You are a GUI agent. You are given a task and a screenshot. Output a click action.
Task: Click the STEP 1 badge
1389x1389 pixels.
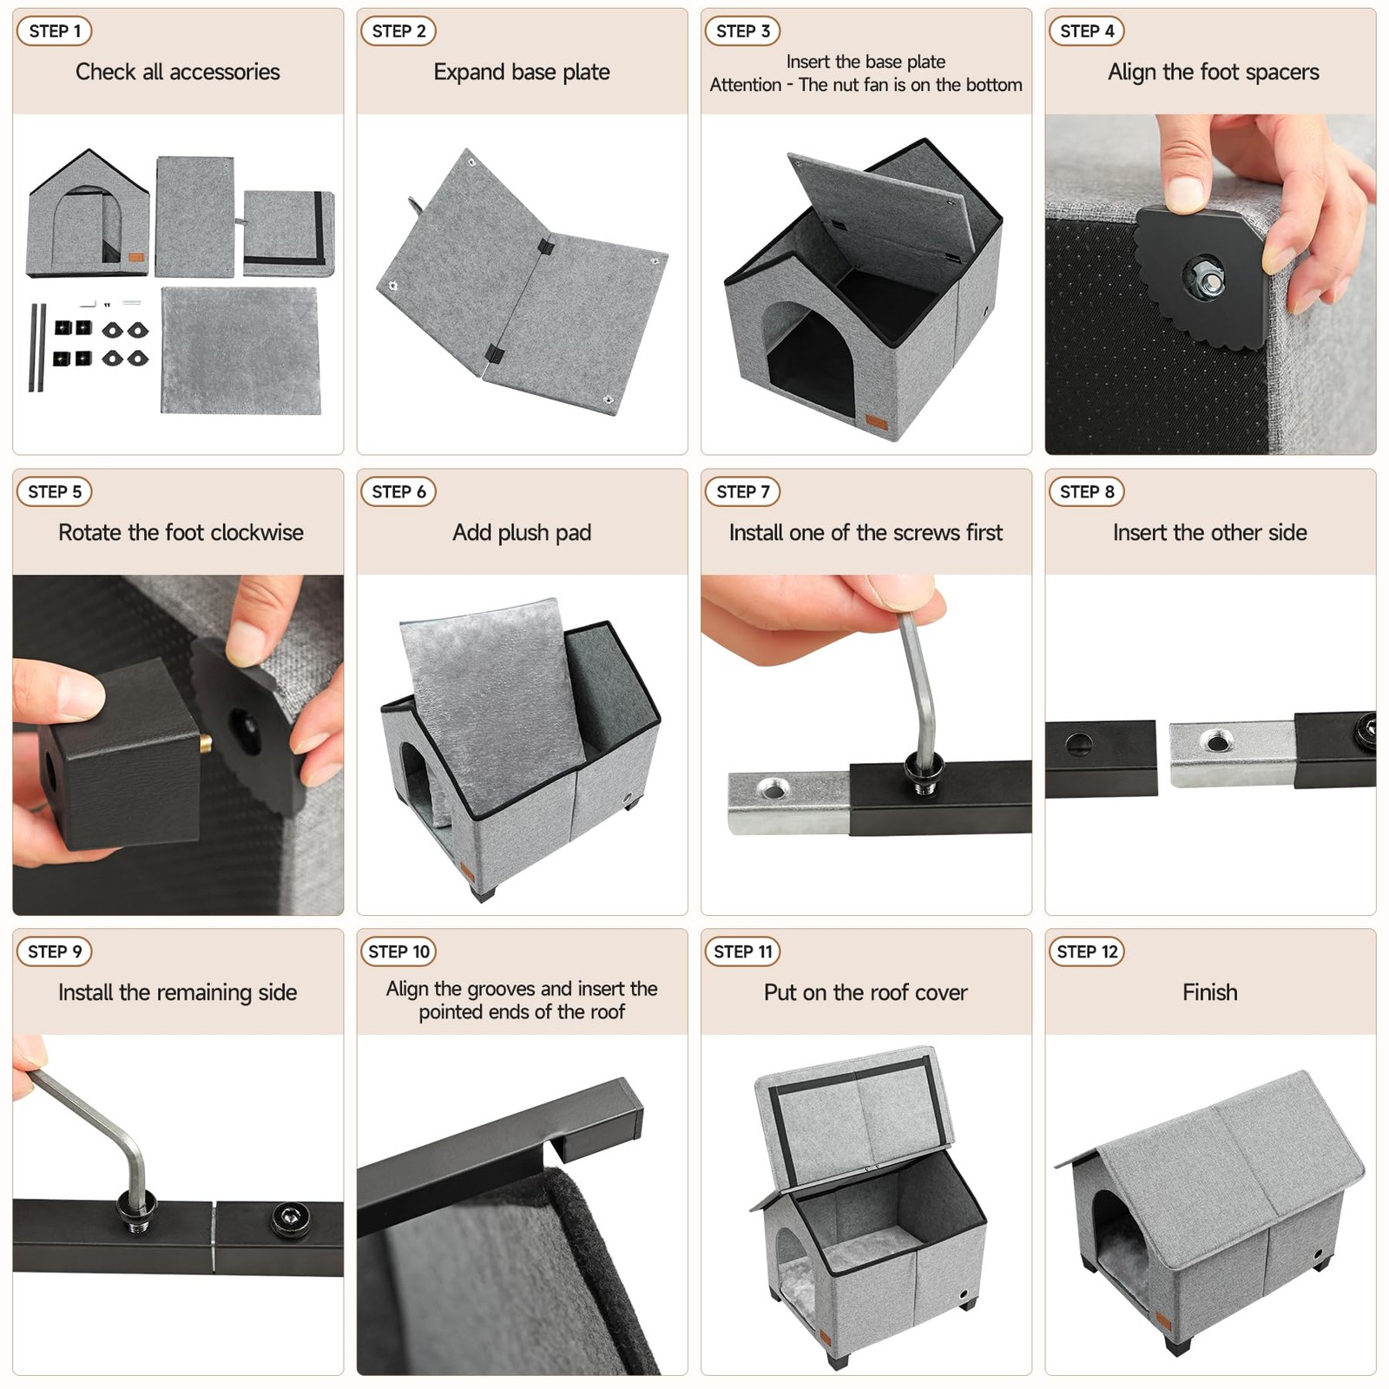[x=54, y=31]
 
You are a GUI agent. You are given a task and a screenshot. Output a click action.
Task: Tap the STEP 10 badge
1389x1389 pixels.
[x=398, y=951]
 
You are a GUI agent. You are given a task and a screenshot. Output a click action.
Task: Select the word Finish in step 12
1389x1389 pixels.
[x=1210, y=992]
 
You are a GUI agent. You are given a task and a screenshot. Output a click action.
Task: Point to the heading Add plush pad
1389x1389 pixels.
[x=522, y=532]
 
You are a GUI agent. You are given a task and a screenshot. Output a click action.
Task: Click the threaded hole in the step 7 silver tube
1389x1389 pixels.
[x=772, y=788]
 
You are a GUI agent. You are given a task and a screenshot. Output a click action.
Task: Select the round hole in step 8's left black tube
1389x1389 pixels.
[x=1079, y=744]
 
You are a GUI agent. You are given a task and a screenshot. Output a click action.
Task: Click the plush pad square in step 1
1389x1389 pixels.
[x=240, y=350]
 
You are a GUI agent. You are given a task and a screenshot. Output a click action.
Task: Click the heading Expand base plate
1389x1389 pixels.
[x=522, y=72]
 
